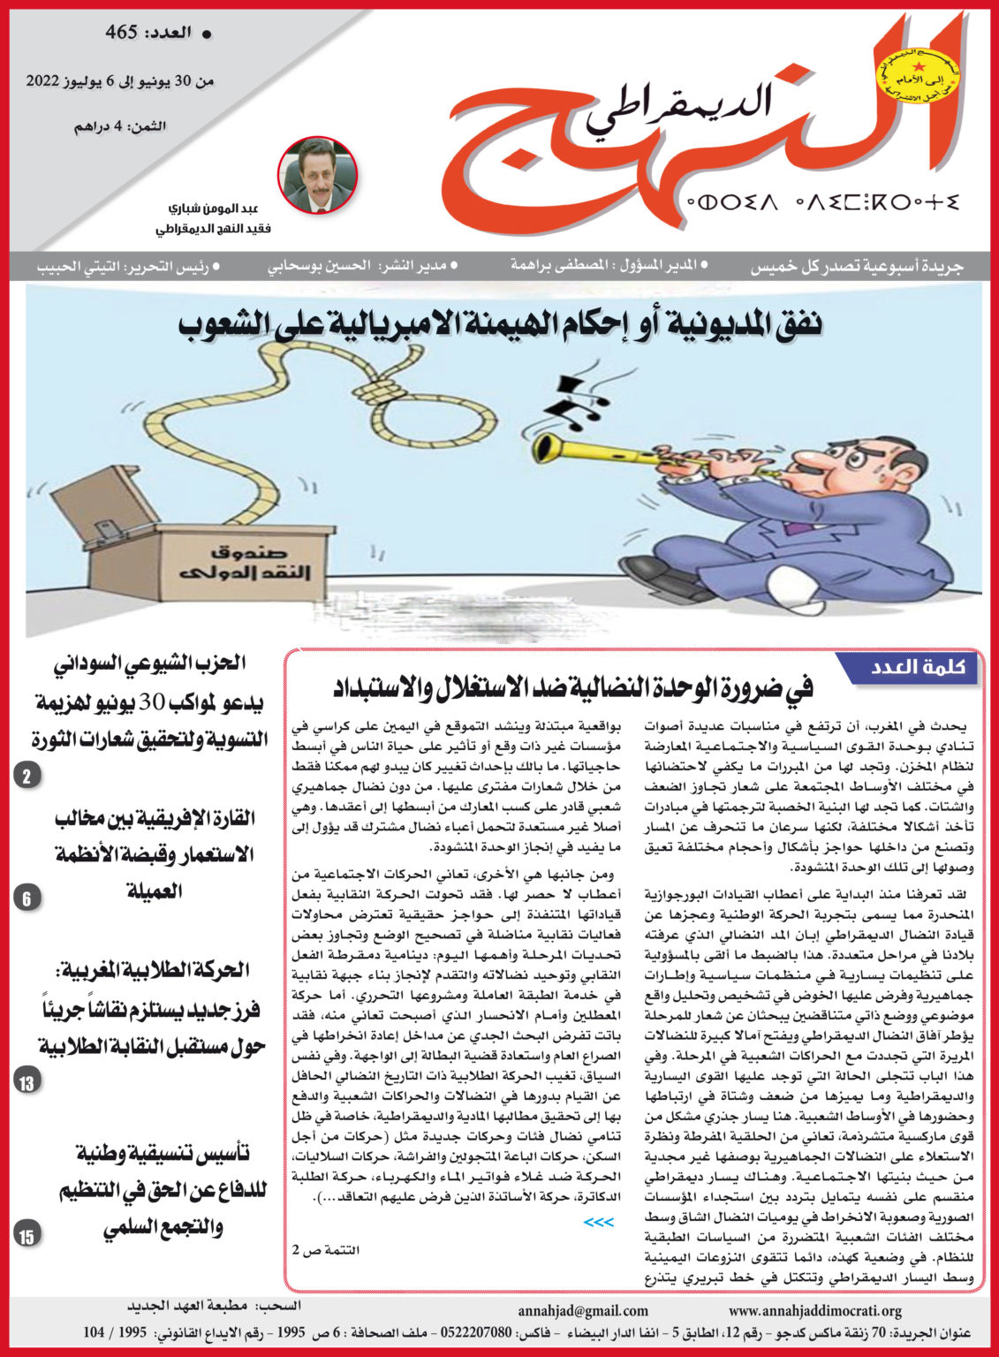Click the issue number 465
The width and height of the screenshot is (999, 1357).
122,34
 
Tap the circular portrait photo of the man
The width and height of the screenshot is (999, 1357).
317,176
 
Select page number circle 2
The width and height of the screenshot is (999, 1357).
26,777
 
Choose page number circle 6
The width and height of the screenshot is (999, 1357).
26,899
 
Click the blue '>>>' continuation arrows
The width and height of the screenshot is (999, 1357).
598,1222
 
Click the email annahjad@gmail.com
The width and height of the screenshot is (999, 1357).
583,1311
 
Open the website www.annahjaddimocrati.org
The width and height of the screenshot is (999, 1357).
814,1311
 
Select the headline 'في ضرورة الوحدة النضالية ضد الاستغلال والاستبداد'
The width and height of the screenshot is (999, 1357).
573,687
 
